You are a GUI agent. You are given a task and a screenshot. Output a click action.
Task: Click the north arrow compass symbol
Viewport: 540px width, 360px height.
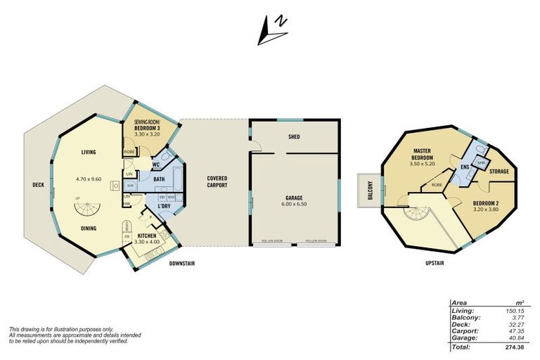pos(272,27)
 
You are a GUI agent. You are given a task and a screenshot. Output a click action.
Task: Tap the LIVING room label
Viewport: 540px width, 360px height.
pos(89,152)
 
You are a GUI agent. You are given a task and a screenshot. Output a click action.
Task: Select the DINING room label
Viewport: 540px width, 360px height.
pos(89,228)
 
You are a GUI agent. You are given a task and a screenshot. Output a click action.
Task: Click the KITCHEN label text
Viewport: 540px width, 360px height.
pos(147,236)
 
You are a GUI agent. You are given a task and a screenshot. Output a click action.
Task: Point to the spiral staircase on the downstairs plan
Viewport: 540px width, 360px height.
pos(89,209)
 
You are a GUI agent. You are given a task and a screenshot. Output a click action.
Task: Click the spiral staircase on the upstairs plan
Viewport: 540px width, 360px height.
pos(413,210)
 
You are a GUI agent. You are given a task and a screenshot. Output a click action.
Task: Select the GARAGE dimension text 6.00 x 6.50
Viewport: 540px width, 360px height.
pos(294,204)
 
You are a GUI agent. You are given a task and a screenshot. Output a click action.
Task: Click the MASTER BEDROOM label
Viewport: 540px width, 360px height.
pos(422,155)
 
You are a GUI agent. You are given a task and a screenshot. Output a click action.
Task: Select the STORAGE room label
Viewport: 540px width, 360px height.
pos(499,171)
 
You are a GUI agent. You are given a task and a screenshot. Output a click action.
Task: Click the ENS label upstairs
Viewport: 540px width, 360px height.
pos(465,167)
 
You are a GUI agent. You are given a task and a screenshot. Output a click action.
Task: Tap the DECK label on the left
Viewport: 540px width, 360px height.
pos(38,186)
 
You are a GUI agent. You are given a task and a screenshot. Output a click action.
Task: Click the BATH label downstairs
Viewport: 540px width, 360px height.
pos(160,179)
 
